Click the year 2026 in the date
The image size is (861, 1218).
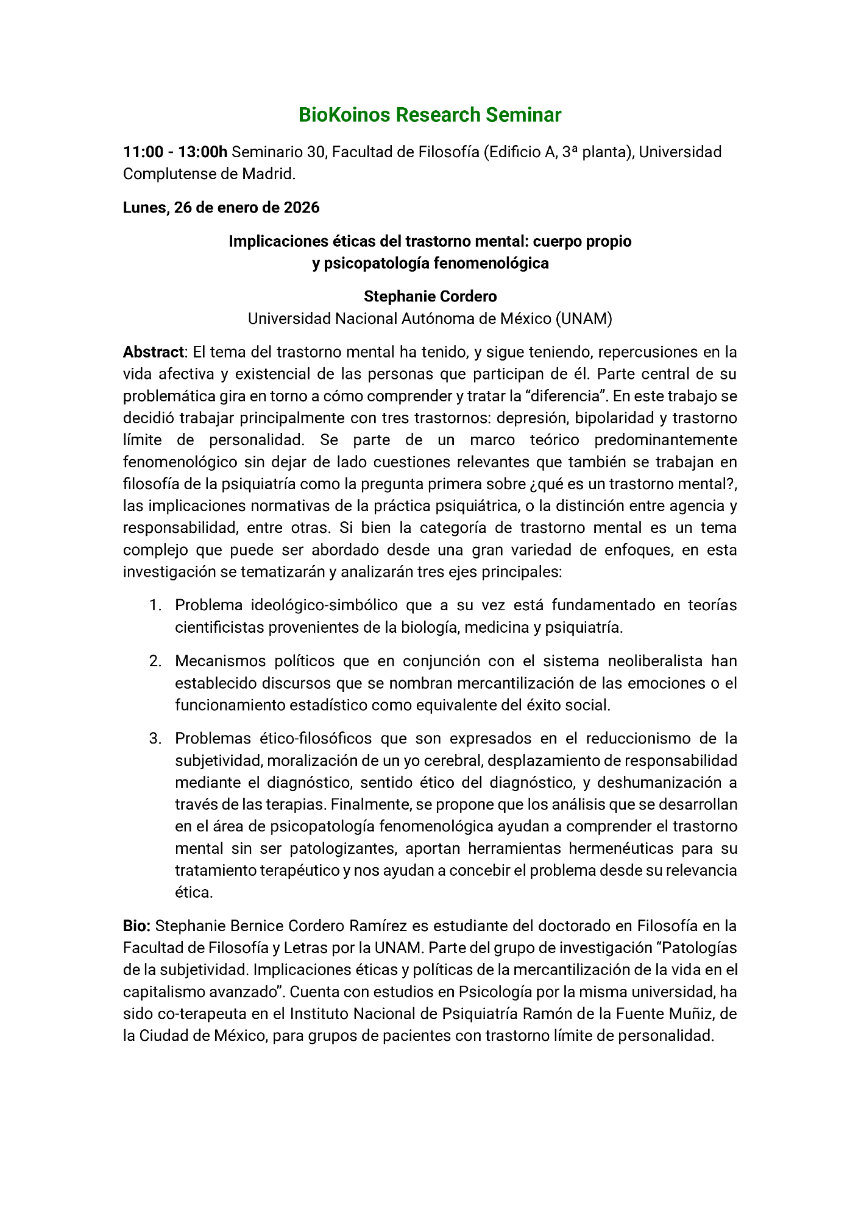point(302,208)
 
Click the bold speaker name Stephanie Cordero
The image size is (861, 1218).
point(430,297)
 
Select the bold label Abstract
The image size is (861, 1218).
point(153,352)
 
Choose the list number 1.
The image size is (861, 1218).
point(155,605)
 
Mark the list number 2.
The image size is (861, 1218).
point(155,661)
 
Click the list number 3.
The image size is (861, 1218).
point(155,739)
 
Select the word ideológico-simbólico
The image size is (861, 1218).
point(324,605)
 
